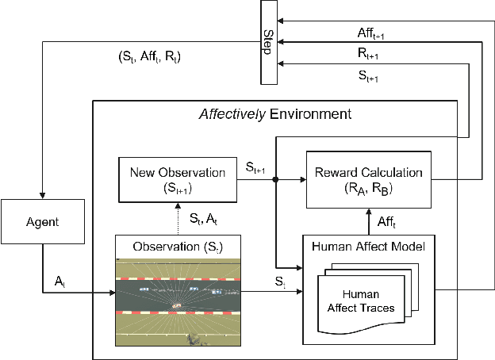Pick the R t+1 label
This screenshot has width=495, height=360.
click(x=368, y=55)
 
